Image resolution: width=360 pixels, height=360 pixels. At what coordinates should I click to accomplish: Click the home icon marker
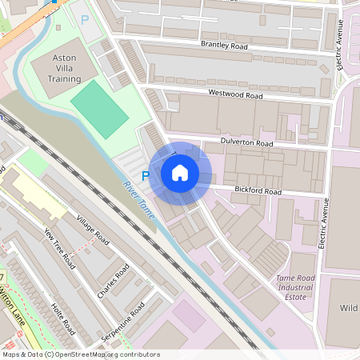180,172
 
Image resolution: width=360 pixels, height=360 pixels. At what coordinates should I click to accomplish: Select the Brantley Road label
225,46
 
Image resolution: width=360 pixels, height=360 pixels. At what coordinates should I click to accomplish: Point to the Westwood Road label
235,95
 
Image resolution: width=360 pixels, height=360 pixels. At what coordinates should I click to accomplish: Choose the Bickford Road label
258,192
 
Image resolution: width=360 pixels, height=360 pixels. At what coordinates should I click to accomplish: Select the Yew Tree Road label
59,247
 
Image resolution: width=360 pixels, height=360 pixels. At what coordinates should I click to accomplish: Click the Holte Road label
62,318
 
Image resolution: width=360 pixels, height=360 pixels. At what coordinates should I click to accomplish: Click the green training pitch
99,109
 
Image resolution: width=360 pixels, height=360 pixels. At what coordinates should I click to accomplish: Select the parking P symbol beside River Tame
146,175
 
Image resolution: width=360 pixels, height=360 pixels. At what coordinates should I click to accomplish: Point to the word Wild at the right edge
349,308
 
